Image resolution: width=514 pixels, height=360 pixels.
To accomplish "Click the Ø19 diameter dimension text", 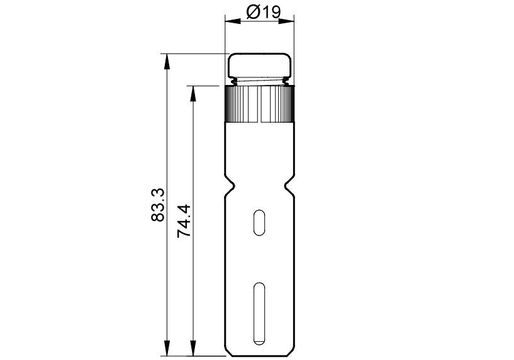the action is [x=264, y=13].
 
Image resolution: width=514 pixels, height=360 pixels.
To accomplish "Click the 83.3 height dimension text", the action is [x=158, y=205].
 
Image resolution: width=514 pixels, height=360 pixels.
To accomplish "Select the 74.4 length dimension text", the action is [x=184, y=221].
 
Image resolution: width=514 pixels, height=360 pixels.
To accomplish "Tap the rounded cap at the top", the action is [x=260, y=65].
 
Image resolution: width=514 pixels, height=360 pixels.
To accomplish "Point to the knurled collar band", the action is [x=260, y=104].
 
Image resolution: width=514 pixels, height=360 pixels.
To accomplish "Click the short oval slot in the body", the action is [x=259, y=222].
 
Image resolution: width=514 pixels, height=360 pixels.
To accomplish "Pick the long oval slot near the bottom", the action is [x=259, y=313].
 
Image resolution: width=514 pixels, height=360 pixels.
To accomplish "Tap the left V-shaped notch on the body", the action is [x=230, y=186].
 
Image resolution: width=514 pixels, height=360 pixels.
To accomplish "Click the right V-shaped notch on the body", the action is [x=289, y=186].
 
